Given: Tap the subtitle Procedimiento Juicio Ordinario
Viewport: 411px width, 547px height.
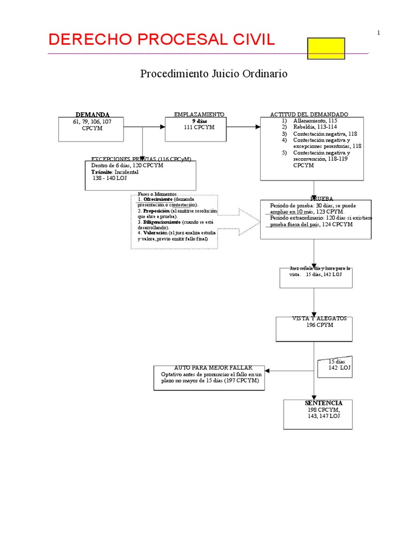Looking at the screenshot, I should click(214, 74).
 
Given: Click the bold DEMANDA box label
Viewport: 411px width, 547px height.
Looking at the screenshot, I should click(93, 115).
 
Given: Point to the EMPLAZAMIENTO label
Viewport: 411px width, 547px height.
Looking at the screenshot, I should click(199, 114).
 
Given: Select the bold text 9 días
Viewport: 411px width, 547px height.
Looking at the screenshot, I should click(199, 121).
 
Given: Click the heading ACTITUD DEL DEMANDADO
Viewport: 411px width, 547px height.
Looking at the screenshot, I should click(309, 114).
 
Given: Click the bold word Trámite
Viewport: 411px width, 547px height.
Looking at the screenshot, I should click(102, 173).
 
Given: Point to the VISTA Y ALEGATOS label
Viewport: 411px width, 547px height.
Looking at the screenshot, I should click(319, 318).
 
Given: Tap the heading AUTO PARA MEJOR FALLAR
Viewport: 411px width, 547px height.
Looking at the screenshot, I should click(212, 368).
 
